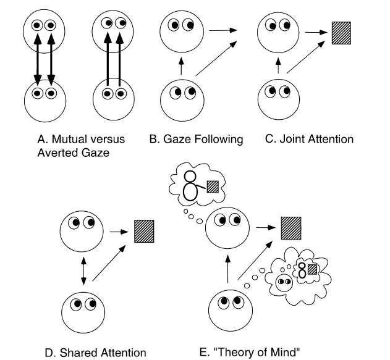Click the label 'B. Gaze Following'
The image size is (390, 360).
(196, 139)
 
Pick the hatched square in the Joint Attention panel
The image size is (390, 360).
(339, 32)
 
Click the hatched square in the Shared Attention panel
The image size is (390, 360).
(145, 230)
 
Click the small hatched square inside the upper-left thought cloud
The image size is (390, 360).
(213, 185)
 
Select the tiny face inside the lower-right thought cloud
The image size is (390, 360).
(284, 284)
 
